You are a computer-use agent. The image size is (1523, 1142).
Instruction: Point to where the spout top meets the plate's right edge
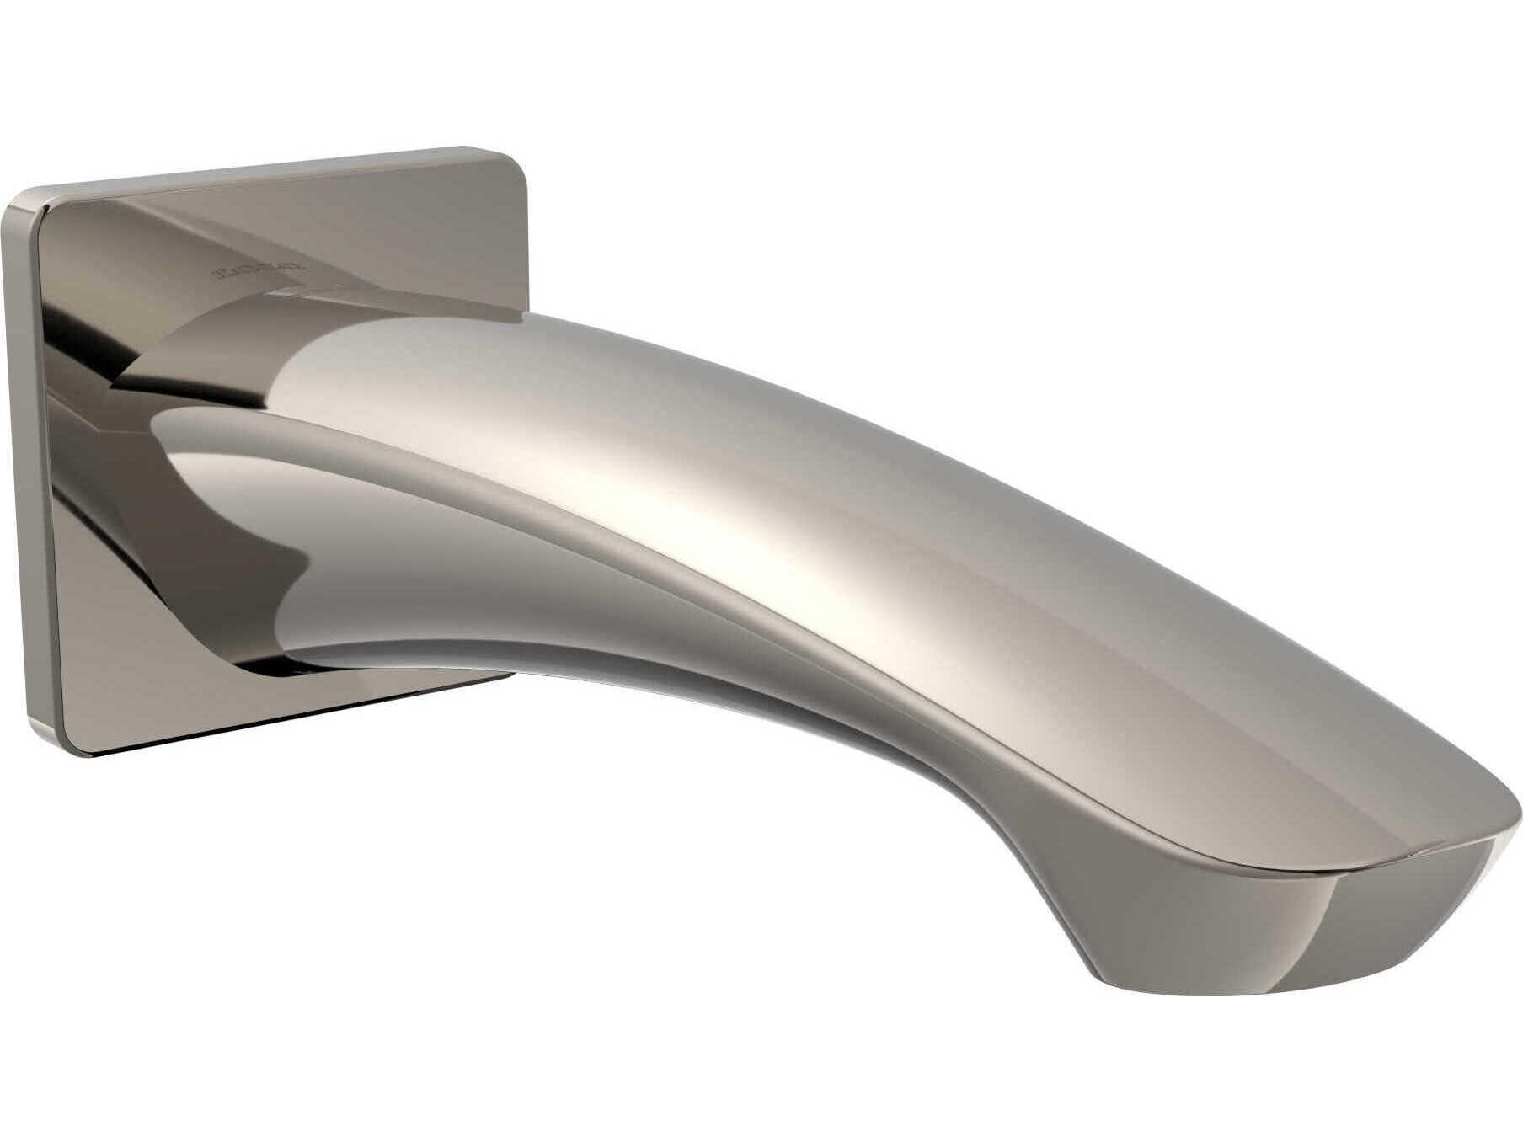pos(516,316)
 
